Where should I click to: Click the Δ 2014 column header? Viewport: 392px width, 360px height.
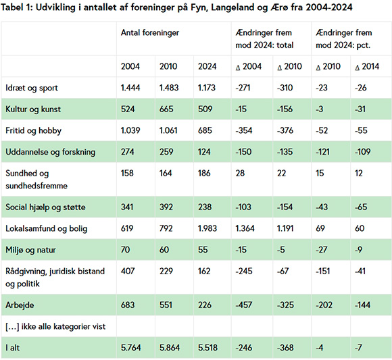click(366, 66)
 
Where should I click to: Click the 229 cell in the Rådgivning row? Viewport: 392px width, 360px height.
click(166, 272)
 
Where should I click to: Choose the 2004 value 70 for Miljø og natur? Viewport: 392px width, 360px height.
click(126, 250)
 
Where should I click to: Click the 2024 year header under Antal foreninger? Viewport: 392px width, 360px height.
click(207, 66)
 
